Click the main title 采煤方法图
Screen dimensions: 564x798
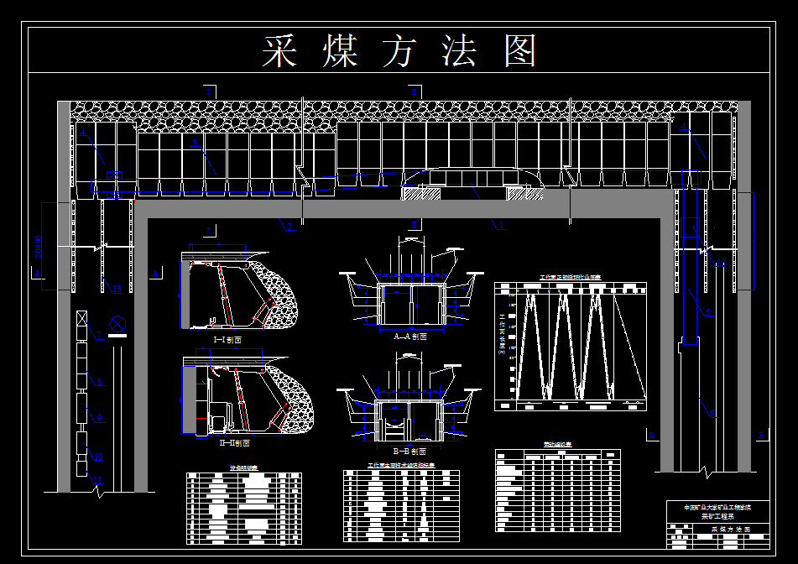(399, 52)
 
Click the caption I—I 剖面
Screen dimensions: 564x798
(227, 340)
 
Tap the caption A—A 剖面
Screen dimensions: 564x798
(409, 336)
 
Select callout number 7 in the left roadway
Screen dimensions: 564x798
(98, 336)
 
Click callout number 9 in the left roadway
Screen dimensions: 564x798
(98, 417)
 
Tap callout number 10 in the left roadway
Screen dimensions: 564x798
(97, 457)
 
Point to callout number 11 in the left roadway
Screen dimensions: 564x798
(97, 480)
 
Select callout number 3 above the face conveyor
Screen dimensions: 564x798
(196, 144)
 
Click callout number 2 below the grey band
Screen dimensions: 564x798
(289, 226)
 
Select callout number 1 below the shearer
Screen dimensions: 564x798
(502, 225)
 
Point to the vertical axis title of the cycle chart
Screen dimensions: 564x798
(502, 334)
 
